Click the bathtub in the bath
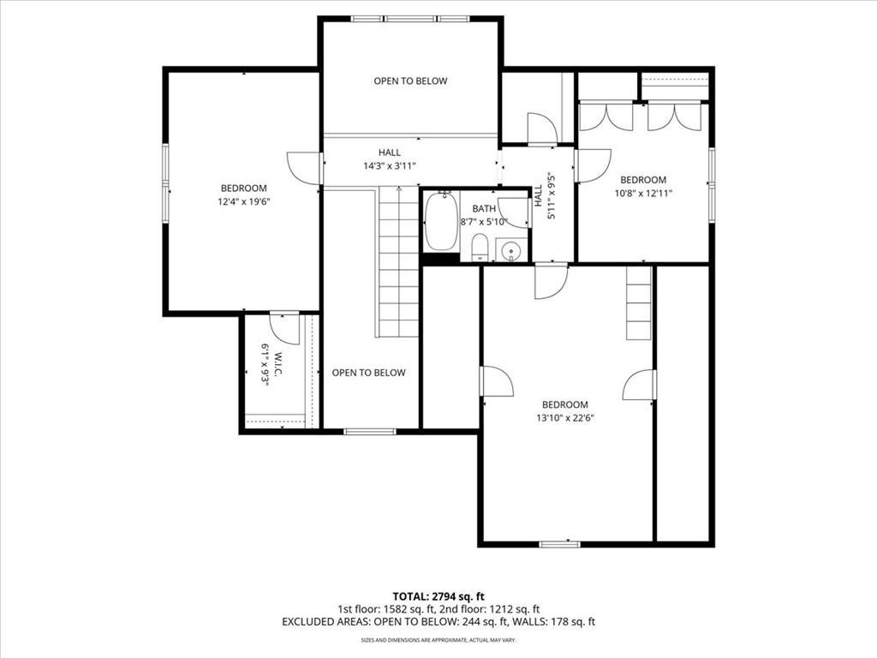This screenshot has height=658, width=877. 440,222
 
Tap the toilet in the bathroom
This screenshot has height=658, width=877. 480,248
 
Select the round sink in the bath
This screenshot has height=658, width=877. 511,251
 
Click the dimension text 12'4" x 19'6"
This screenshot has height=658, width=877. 244,201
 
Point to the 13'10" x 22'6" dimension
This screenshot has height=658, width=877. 565,417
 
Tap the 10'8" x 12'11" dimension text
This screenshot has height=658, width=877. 643,193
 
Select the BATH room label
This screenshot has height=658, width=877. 484,209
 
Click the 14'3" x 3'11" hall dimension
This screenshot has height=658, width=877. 390,165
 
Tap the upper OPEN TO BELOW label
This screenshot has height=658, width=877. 410,81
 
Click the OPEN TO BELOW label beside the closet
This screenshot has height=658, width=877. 368,373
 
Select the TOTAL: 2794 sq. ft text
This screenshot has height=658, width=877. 438,596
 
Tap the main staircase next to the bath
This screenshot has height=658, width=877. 398,262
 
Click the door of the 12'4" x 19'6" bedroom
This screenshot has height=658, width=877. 305,168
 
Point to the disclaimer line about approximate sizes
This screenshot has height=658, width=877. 438,639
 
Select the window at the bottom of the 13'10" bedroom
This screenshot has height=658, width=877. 560,543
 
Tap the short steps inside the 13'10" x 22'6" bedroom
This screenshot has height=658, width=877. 639,302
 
